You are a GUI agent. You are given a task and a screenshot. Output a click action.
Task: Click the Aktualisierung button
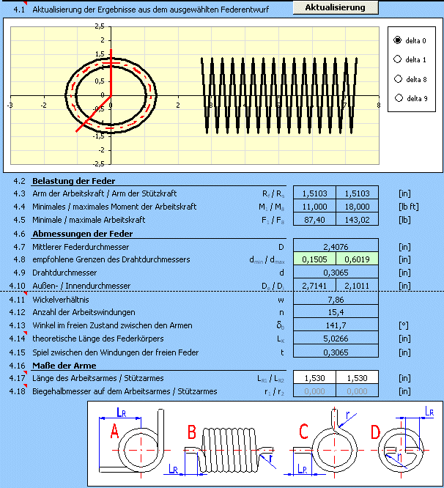pyautogui.click(x=336, y=7)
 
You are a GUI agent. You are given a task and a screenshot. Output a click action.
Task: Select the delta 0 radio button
pyautogui.click(x=398, y=40)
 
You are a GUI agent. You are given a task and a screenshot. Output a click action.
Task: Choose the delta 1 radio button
pyautogui.click(x=398, y=59)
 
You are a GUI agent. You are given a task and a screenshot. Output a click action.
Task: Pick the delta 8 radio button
pyautogui.click(x=398, y=78)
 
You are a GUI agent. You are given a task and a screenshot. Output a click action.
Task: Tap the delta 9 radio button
pyautogui.click(x=398, y=97)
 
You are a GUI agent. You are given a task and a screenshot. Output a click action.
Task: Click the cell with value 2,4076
pyautogui.click(x=336, y=245)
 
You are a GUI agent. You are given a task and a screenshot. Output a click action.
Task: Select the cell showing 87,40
pyautogui.click(x=314, y=219)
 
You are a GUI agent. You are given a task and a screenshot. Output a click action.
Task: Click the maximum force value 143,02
pyautogui.click(x=357, y=219)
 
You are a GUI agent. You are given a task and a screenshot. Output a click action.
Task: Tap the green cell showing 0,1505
pyautogui.click(x=314, y=259)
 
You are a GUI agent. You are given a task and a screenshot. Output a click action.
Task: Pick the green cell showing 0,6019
pyautogui.click(x=357, y=259)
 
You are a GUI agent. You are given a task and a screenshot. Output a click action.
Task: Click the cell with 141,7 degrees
pyautogui.click(x=336, y=325)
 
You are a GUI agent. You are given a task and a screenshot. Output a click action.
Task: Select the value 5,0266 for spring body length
pyautogui.click(x=336, y=339)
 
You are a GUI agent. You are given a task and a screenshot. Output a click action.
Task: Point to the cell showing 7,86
pyautogui.click(x=336, y=299)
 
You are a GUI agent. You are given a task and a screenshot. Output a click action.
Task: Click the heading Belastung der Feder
pyautogui.click(x=73, y=181)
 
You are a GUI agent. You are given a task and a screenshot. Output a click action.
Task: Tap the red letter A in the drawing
pyautogui.click(x=114, y=432)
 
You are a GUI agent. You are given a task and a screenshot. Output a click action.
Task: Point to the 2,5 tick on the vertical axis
pyautogui.click(x=99, y=26)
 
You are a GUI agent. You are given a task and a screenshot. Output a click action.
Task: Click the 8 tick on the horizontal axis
pyautogui.click(x=378, y=106)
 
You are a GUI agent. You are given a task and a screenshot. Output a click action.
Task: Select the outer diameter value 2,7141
pyautogui.click(x=314, y=285)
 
